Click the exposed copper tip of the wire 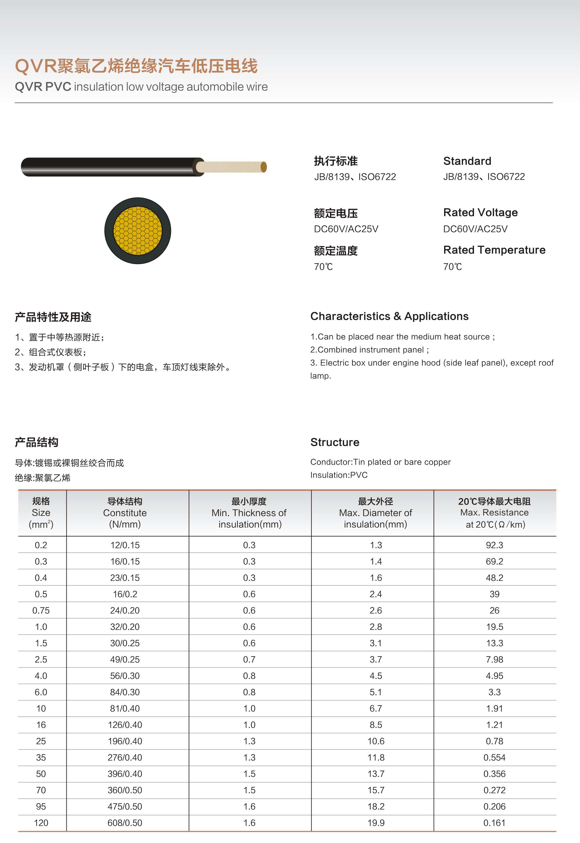pos(264,167)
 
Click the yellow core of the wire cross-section pos(137,231)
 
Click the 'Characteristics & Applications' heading pos(389,316)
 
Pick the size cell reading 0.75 pos(41,610)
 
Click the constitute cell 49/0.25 pos(125,659)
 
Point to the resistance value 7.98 pos(494,659)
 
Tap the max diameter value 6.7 pos(376,709)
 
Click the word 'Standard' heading pos(467,161)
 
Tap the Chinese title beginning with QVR pos(136,66)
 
